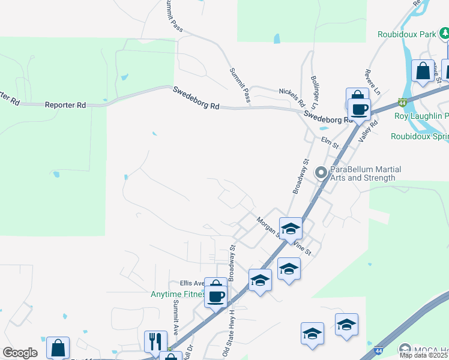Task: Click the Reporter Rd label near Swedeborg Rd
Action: [65, 105]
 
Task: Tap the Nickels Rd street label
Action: [292, 95]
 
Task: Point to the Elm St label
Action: [331, 143]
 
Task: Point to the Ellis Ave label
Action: [193, 283]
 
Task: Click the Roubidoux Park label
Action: [406, 35]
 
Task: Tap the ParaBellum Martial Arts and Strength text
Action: [366, 173]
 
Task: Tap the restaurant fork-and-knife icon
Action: [155, 341]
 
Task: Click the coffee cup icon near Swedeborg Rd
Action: [359, 109]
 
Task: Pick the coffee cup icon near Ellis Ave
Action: [216, 295]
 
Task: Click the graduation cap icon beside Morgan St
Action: [291, 229]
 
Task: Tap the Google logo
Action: [20, 353]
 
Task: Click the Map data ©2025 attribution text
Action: [424, 355]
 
